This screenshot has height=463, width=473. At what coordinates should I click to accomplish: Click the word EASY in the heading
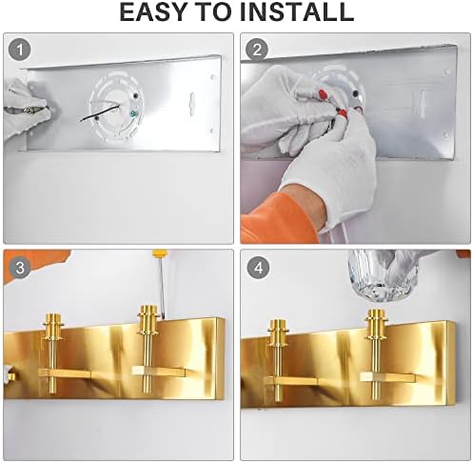click(153, 12)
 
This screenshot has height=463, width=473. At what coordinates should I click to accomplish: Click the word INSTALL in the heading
click(297, 12)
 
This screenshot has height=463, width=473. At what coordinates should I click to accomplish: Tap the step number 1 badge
click(19, 50)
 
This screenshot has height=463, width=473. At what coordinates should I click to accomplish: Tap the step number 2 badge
click(257, 50)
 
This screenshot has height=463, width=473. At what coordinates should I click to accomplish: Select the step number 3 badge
click(20, 268)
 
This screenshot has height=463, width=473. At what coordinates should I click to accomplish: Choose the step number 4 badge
click(259, 268)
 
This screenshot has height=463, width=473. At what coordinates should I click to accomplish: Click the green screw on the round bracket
click(132, 112)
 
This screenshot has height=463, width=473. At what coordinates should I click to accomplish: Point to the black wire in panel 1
click(99, 112)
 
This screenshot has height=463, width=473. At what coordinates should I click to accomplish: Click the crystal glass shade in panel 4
click(382, 274)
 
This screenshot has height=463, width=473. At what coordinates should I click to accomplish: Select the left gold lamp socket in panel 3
click(52, 352)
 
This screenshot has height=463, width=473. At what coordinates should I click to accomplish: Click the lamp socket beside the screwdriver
click(148, 351)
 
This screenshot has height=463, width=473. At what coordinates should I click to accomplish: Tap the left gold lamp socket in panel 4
click(278, 360)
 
